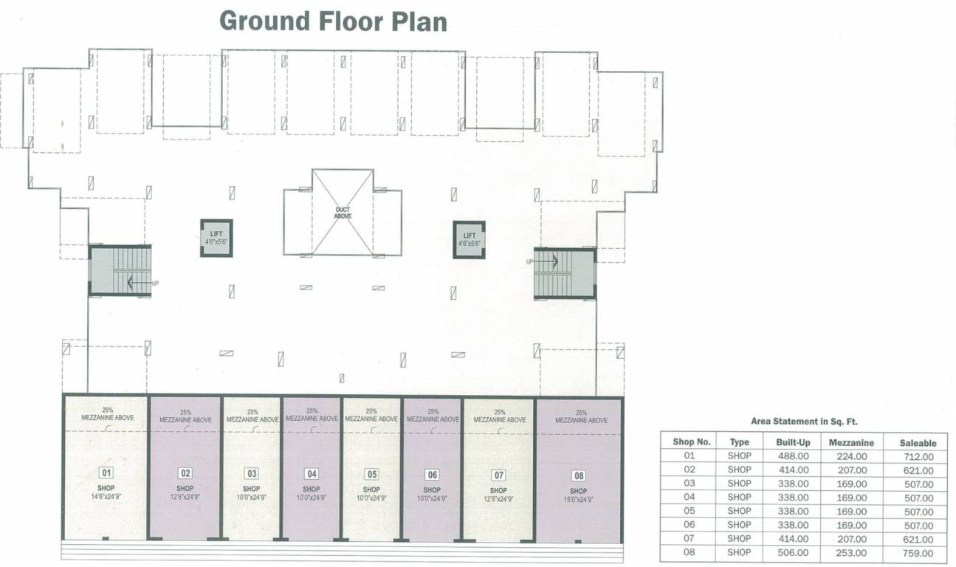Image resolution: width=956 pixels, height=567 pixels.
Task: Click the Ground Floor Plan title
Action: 334,21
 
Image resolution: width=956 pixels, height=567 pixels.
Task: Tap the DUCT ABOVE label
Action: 343,213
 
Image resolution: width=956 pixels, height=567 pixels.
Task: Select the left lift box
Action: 216,238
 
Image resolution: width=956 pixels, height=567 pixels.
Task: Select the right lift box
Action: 469,239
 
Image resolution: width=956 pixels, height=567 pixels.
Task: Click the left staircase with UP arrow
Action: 120,271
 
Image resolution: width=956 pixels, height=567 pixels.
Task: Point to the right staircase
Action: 565,272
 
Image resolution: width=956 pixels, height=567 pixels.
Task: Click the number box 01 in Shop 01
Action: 106,473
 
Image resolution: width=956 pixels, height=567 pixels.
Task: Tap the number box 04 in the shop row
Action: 312,474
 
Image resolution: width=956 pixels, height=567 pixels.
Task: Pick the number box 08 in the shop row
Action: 579,475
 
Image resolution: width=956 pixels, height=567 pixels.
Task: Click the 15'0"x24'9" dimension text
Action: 579,500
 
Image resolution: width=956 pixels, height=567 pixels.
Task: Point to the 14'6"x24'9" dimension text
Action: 106,498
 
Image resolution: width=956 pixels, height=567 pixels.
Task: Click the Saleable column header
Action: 918,443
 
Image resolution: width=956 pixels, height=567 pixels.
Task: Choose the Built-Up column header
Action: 794,442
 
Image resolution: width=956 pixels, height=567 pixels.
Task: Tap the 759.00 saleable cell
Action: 918,553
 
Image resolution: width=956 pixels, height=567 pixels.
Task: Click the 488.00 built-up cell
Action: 794,456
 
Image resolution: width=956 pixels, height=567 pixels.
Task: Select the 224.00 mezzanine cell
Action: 852,456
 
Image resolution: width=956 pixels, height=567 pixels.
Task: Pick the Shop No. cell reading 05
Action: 690,511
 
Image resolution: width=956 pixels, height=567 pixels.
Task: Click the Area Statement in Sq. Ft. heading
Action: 804,422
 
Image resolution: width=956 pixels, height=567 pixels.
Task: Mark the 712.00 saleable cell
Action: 918,457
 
